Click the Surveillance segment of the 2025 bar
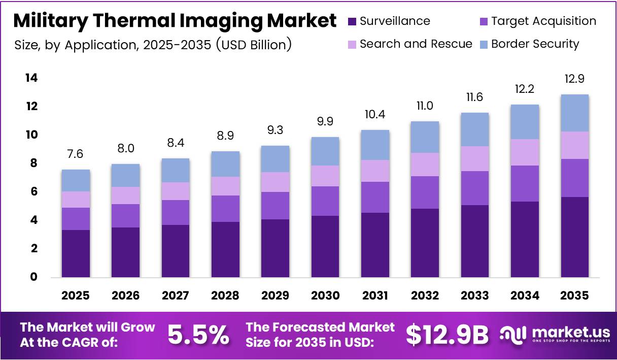tap(76, 253)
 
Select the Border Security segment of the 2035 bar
tap(574, 113)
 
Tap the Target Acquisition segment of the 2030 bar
tap(325, 201)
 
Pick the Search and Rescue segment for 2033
tap(474, 158)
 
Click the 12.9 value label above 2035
tap(574, 79)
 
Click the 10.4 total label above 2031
tap(375, 115)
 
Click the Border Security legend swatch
tap(484, 44)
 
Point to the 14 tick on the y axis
tap(31, 78)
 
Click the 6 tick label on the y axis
tap(33, 192)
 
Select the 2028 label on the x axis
tap(225, 296)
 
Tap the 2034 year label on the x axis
tap(525, 296)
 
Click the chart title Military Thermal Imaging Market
tap(175, 21)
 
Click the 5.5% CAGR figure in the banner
tap(198, 335)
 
